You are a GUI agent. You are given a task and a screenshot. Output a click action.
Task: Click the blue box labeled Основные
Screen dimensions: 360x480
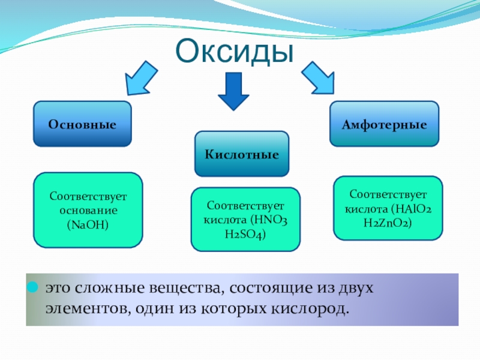pyautogui.click(x=82, y=124)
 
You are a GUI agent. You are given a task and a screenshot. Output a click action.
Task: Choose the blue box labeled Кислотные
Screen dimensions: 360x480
pyautogui.click(x=242, y=154)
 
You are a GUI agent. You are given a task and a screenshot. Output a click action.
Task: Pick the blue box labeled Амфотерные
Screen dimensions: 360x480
pyautogui.click(x=384, y=124)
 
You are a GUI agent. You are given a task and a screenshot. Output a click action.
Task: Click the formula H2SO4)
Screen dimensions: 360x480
pyautogui.click(x=245, y=233)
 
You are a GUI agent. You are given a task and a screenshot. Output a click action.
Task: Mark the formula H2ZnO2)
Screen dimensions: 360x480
pyautogui.click(x=388, y=223)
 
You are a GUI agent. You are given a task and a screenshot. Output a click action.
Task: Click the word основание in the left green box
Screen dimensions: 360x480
pyautogui.click(x=88, y=211)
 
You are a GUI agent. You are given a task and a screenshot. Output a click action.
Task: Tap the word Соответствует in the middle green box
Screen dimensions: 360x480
pyautogui.click(x=245, y=206)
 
